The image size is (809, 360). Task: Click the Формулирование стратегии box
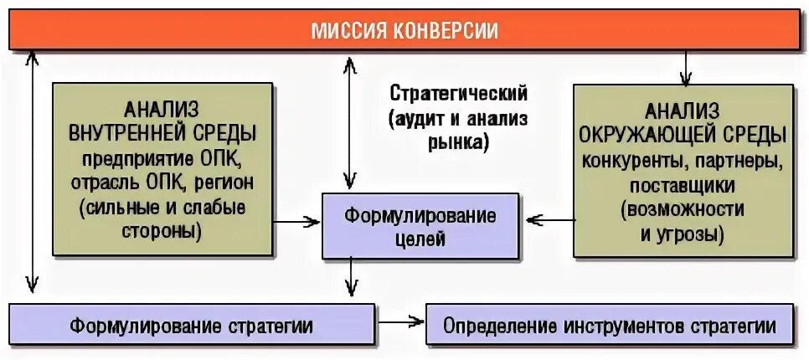pos(191,325)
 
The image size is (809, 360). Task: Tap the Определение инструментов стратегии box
pos(610,325)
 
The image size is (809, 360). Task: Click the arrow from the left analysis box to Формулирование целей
pos(297,222)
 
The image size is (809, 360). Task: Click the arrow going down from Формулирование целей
pos(353,277)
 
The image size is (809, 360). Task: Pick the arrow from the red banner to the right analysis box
pos(685,68)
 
